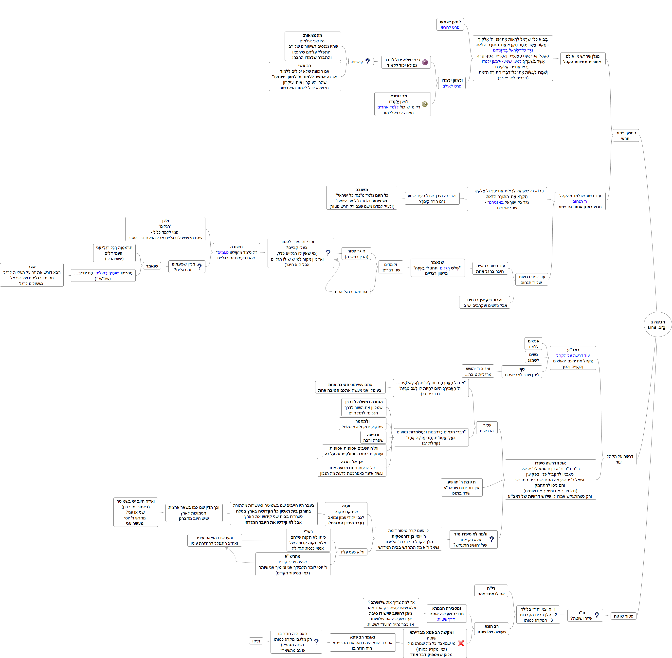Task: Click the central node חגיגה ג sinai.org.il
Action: tap(657, 324)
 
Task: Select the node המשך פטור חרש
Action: tap(626, 136)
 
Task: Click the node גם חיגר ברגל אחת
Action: tap(350, 291)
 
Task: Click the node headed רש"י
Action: tap(308, 539)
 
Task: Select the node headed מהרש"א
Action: tap(293, 564)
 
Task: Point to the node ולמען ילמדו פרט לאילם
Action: tap(452, 83)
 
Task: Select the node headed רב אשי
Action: tap(305, 76)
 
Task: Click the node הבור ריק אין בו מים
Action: tap(485, 302)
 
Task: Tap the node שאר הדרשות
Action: tap(487, 427)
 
